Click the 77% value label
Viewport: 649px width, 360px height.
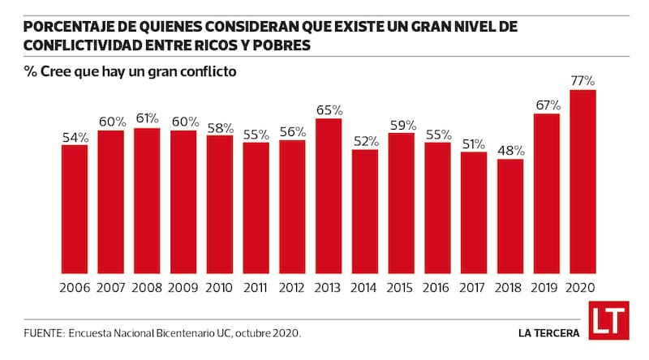[583, 81]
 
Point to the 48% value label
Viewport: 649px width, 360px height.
[510, 150]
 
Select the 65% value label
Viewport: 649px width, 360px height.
[329, 109]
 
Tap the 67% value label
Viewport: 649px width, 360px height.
[547, 105]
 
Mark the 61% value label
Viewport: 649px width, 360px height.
[147, 118]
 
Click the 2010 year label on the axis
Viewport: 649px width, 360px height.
[220, 288]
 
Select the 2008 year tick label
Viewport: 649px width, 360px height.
[147, 288]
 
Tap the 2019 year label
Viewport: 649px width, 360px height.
[547, 288]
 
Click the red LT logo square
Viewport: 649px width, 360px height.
[608, 321]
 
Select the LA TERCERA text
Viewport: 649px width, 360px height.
[549, 332]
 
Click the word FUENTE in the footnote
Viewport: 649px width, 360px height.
[42, 332]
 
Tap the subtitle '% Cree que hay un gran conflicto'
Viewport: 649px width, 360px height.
[130, 71]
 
